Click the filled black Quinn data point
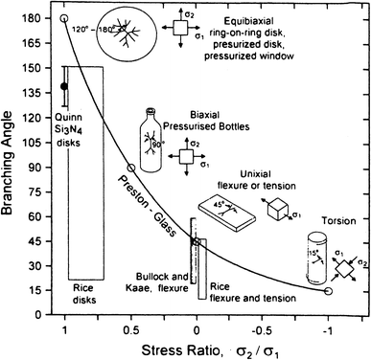click(64, 86)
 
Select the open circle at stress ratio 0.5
click(131, 168)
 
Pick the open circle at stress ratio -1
click(330, 290)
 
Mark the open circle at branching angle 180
click(64, 18)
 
